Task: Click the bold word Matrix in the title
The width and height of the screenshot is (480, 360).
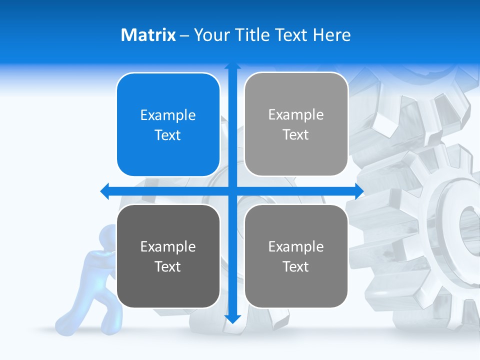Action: click(x=148, y=35)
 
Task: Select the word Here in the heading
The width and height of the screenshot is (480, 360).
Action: click(x=331, y=35)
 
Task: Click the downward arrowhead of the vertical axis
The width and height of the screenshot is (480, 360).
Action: click(x=232, y=318)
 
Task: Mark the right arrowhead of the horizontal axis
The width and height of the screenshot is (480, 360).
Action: click(x=359, y=191)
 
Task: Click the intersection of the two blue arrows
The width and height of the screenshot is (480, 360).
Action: click(x=232, y=191)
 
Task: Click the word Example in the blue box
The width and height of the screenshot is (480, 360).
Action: click(x=168, y=115)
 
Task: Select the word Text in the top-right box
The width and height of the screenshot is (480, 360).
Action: click(x=296, y=134)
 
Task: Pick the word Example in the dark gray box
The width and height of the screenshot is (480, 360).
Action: click(x=168, y=246)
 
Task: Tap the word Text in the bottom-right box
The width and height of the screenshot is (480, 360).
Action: click(x=296, y=266)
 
